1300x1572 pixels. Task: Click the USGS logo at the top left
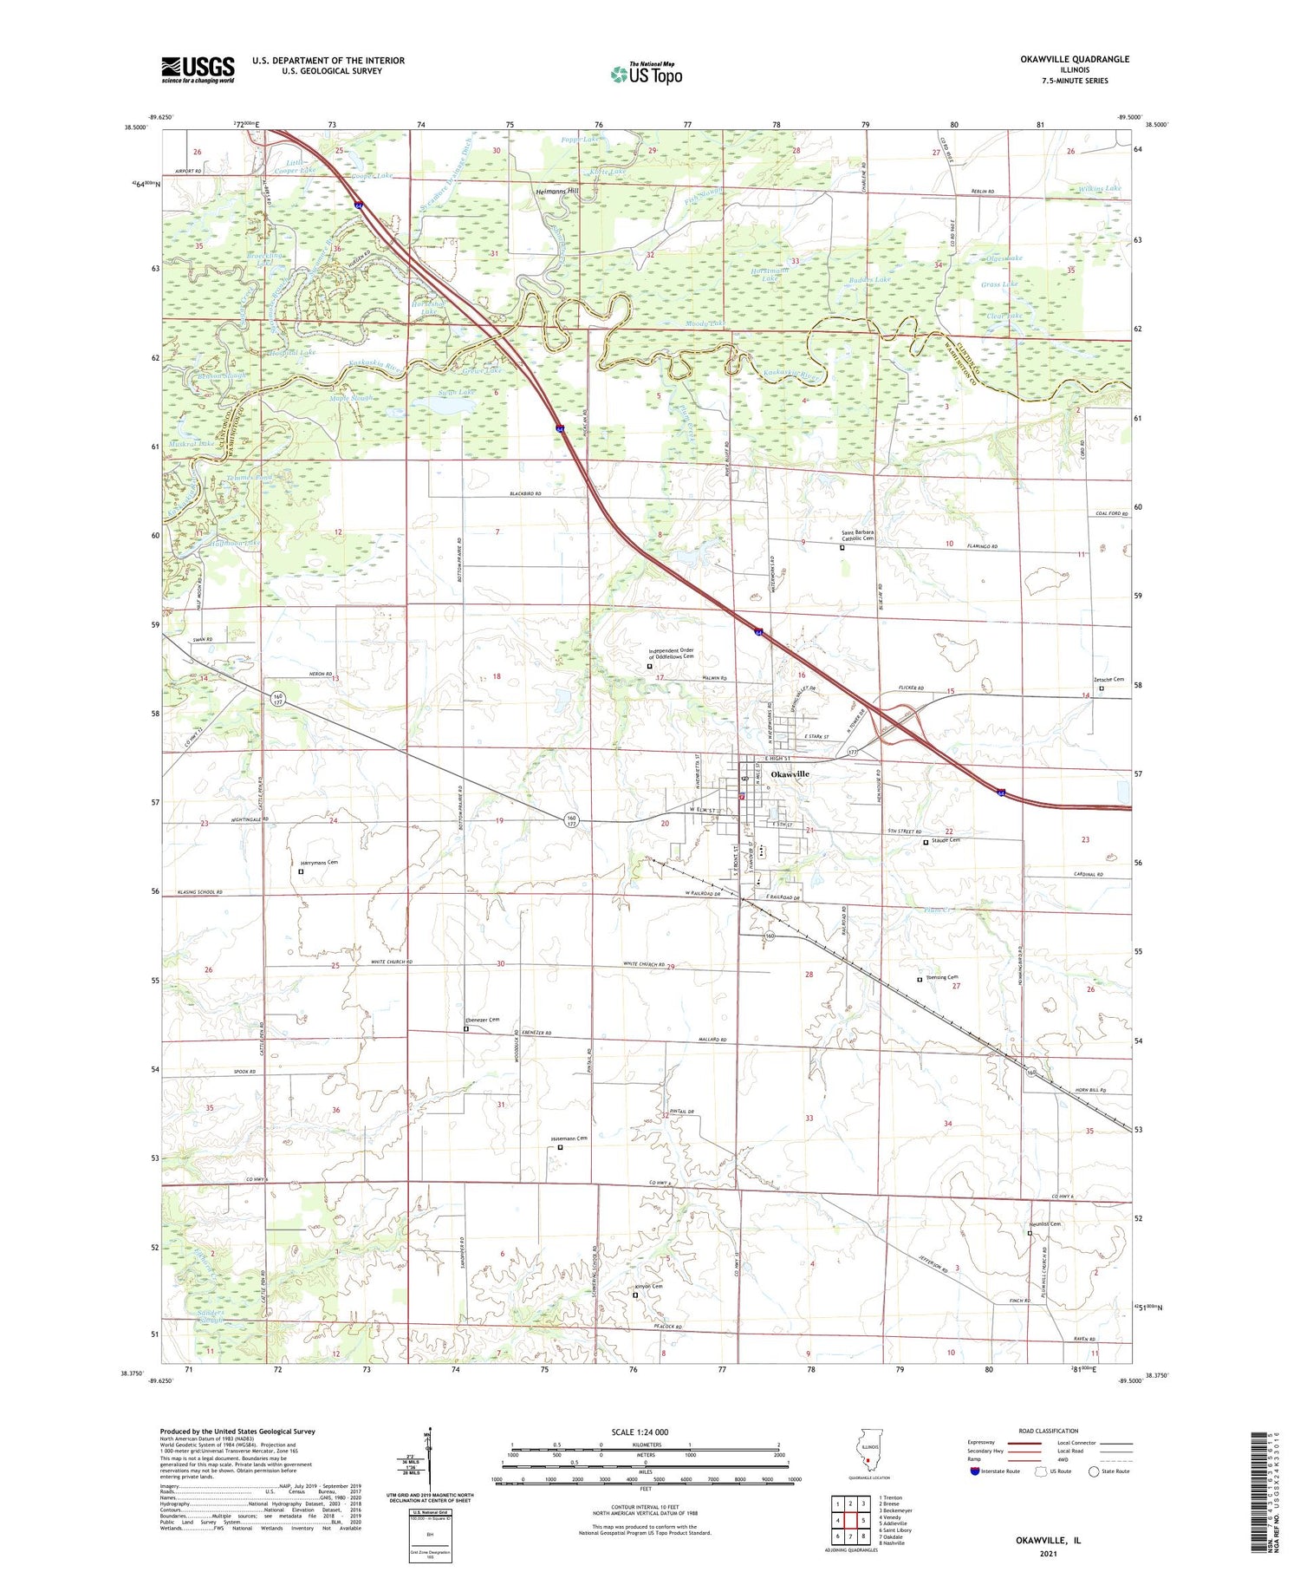[198, 69]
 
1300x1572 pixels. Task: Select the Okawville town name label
[790, 773]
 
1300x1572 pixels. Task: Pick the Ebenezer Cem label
[483, 1021]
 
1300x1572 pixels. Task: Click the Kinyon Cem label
[648, 1286]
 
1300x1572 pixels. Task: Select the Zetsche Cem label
[1108, 680]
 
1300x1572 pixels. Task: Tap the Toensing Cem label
[941, 977]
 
